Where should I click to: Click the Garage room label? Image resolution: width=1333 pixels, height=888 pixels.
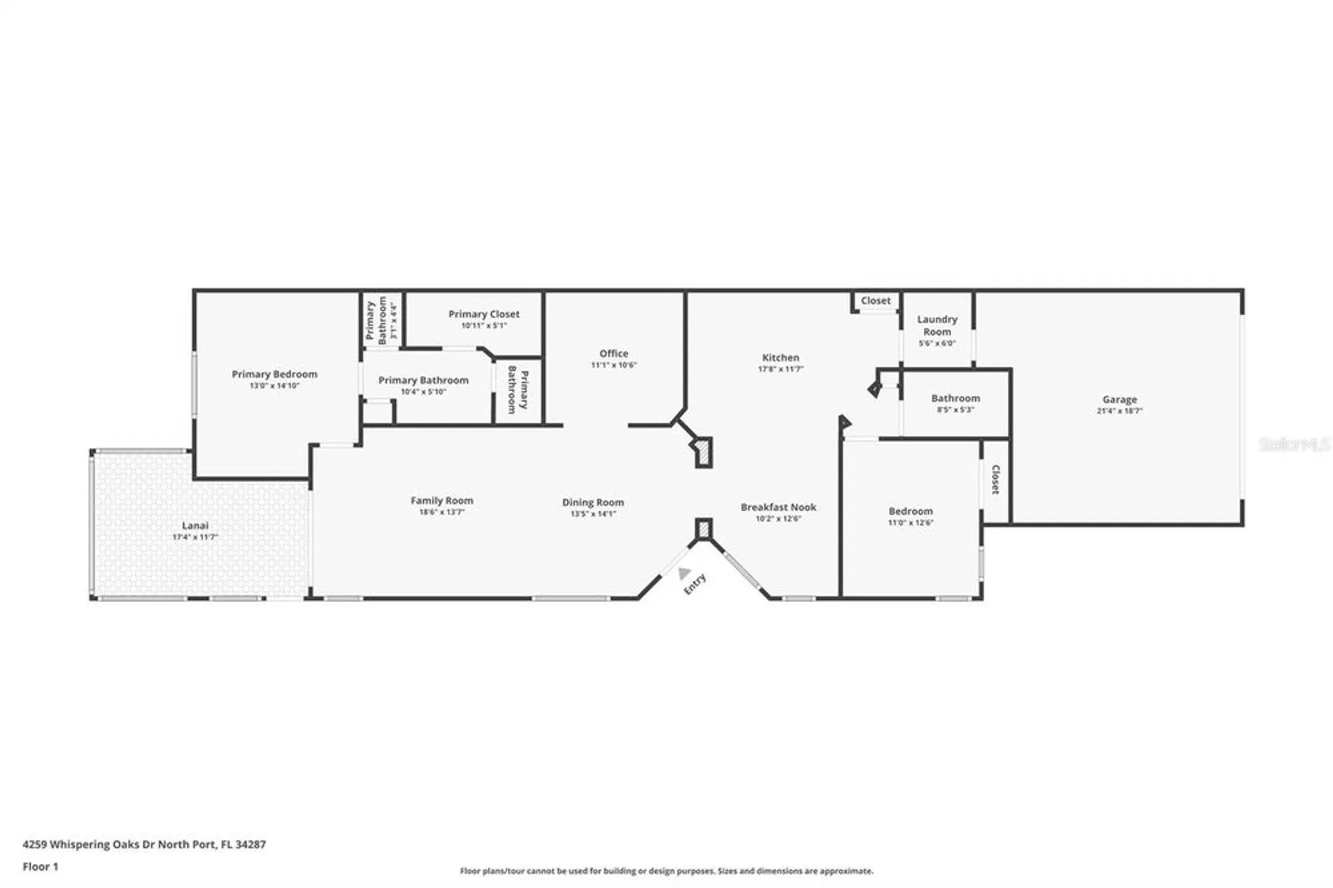coord(1119,399)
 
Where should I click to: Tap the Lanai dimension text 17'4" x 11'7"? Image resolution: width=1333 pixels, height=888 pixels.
coord(195,537)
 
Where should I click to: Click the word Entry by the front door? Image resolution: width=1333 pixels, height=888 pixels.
coord(694,584)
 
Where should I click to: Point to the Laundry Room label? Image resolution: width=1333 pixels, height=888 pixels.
coord(936,325)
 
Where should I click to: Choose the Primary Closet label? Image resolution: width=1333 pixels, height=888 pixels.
coord(484,314)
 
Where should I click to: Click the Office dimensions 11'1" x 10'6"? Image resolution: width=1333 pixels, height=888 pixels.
coord(614,365)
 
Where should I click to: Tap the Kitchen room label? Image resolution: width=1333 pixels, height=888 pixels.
coord(780,357)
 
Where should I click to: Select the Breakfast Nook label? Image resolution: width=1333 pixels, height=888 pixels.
coord(778,507)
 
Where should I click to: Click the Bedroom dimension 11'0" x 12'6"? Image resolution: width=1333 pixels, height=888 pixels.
coord(910,523)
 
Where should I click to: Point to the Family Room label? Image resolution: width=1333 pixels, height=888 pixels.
coord(442,500)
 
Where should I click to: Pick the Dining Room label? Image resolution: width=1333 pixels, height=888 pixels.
coord(593,502)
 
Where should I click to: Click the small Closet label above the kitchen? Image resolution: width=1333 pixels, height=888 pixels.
coord(875,301)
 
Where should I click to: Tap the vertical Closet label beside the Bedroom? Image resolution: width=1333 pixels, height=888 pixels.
coord(995,479)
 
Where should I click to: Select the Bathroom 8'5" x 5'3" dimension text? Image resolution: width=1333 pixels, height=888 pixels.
coord(955,409)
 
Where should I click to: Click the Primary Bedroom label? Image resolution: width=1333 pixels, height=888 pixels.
coord(275,374)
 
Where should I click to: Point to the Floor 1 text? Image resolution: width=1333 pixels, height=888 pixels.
coord(40,867)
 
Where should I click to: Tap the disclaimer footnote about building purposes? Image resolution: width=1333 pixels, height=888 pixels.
coord(666,871)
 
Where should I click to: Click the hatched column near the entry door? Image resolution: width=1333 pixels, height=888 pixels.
coord(704,529)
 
